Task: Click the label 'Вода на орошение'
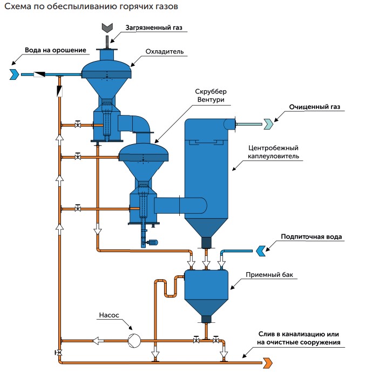click(56, 50)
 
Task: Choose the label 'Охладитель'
click(165, 52)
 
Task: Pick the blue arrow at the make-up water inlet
click(260, 250)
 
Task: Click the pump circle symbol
click(133, 340)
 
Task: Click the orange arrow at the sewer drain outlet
click(267, 361)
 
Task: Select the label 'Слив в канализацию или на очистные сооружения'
click(302, 337)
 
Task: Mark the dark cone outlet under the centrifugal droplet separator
click(206, 241)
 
